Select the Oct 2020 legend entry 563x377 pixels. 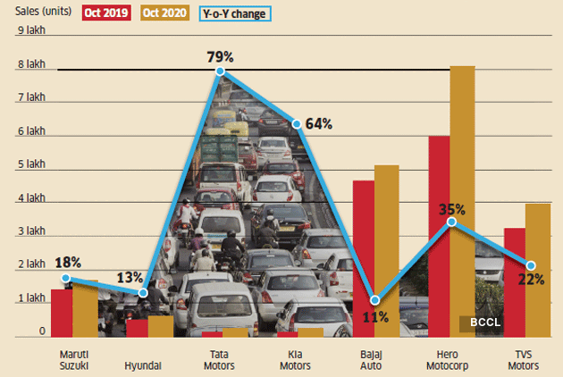[x=164, y=13]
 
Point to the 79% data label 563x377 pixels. [x=218, y=54]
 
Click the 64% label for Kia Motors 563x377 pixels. [x=319, y=124]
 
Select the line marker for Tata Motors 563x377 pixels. [x=219, y=71]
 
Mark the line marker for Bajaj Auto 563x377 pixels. [x=374, y=300]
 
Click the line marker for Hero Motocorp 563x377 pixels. [x=451, y=222]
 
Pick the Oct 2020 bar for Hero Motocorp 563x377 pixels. [x=462, y=201]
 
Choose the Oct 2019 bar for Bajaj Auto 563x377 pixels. [x=363, y=258]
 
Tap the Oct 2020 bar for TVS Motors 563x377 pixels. [x=537, y=270]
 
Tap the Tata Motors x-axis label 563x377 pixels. [x=218, y=360]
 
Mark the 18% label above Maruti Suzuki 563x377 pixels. [x=68, y=263]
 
